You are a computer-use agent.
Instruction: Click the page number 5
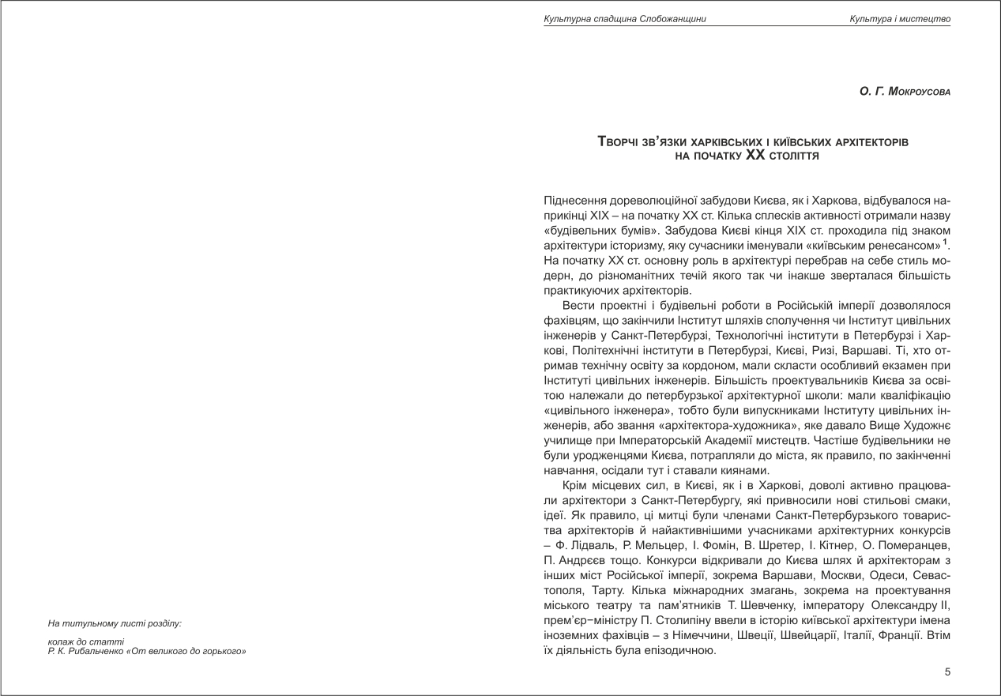[947, 672]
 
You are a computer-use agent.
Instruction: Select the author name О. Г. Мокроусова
[905, 92]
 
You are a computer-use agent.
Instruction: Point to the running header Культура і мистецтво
[911, 18]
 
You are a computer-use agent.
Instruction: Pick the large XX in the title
[756, 156]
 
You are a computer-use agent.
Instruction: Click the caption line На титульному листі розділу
[115, 623]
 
